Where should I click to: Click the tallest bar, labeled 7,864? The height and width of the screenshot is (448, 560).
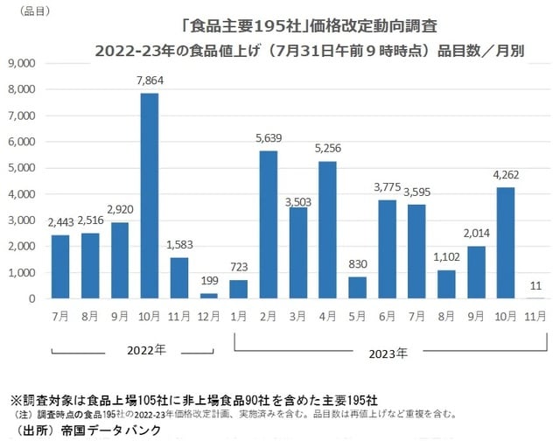click(x=150, y=195)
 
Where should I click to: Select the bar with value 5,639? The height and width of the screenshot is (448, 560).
click(x=269, y=224)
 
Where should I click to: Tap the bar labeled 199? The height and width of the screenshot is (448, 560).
click(x=209, y=296)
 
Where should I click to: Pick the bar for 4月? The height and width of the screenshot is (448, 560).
click(x=328, y=229)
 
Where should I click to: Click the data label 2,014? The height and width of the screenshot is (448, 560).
click(x=476, y=234)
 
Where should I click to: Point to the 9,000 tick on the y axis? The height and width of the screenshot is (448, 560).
click(x=20, y=63)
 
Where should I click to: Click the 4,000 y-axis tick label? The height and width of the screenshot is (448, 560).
click(x=20, y=194)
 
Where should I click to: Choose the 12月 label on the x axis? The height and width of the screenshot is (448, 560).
click(x=209, y=314)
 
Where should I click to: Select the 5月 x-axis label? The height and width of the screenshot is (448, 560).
click(x=358, y=314)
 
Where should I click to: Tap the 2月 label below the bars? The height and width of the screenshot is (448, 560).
click(x=269, y=314)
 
